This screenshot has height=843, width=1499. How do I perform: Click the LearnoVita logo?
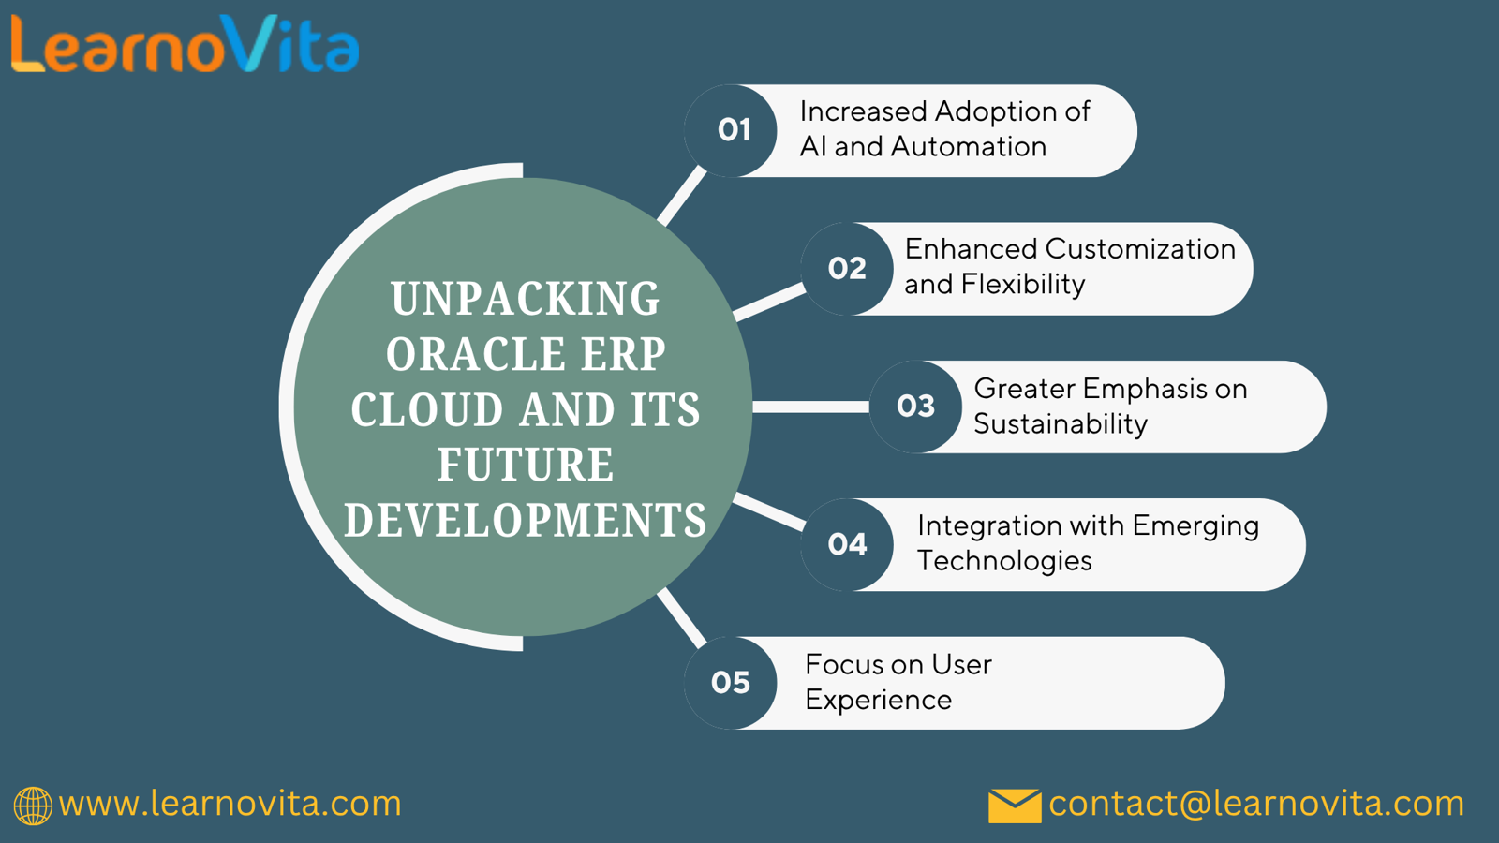[185, 44]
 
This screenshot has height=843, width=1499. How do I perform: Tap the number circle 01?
[731, 130]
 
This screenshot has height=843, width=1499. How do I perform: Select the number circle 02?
[847, 269]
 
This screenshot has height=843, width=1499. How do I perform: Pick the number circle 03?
[916, 407]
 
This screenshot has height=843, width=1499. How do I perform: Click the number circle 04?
[847, 544]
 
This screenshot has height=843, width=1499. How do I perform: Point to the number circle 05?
[731, 683]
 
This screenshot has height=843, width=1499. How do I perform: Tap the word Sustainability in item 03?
[1061, 424]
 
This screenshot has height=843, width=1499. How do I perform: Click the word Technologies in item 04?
[1004, 561]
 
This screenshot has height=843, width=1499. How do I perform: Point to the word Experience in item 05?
[878, 701]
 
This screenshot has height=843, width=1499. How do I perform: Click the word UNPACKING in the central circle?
[526, 299]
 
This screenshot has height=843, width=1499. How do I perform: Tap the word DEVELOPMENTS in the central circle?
[526, 520]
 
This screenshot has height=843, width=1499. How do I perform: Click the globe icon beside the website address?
[33, 806]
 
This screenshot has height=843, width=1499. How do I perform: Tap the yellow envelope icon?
[1015, 806]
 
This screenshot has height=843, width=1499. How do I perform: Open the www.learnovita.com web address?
[230, 804]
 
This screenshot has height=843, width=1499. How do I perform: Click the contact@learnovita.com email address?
[1256, 804]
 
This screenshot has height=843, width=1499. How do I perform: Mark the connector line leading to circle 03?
[811, 407]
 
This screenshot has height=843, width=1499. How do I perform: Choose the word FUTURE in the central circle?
[526, 465]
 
